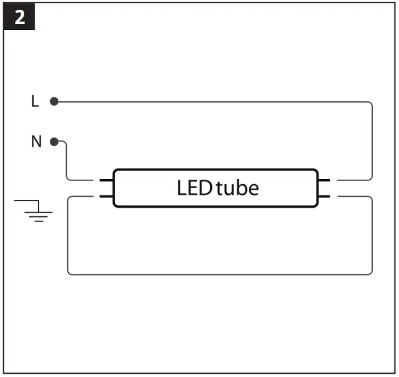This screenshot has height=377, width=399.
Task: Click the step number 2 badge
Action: (x=20, y=18)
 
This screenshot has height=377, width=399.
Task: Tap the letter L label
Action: (x=35, y=102)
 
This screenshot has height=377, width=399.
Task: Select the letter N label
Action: (x=36, y=142)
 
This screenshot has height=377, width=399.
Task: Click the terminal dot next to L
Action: (x=54, y=102)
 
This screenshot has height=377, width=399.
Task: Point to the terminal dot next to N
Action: (x=55, y=142)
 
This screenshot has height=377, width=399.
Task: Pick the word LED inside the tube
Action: (x=194, y=188)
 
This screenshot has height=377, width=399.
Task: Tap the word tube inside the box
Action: (x=237, y=188)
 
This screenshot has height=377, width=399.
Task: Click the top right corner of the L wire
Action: (x=371, y=104)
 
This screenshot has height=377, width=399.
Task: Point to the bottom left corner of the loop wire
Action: (x=69, y=273)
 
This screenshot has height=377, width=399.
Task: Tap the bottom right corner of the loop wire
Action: (x=371, y=273)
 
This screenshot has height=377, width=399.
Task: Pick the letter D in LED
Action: (x=205, y=188)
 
